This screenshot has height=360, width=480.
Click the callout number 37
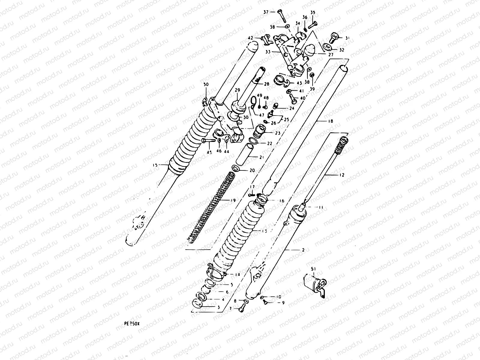[x=265, y=12]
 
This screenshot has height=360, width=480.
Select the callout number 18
[x=322, y=121]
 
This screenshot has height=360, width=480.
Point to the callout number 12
[x=342, y=175]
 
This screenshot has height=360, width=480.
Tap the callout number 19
[x=233, y=200]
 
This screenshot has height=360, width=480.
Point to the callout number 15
[x=155, y=165]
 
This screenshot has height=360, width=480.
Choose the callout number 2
[x=303, y=250]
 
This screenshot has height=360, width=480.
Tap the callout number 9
[x=283, y=303]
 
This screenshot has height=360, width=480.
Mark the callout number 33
[x=268, y=52]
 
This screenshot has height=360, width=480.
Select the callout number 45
[x=209, y=152]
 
